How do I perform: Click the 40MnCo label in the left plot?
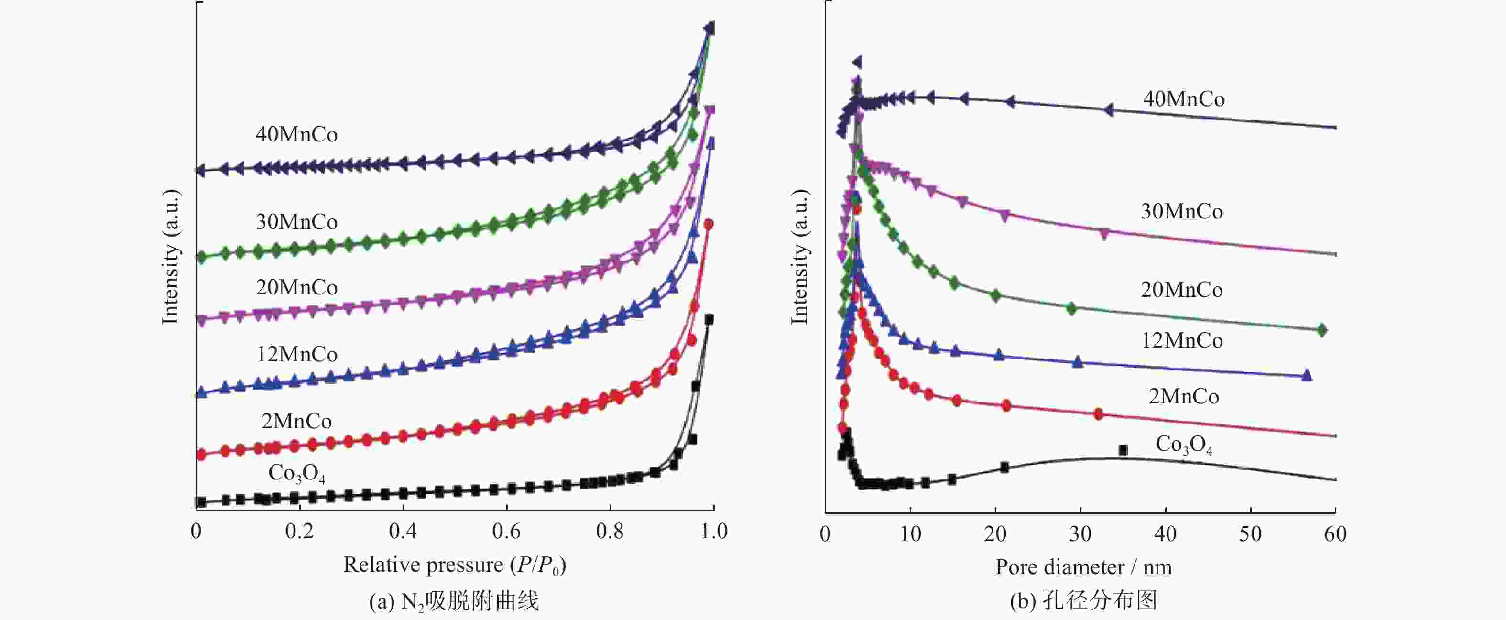pyautogui.click(x=296, y=135)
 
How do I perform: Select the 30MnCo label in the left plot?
pyautogui.click(x=296, y=222)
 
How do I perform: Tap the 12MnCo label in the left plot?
pyautogui.click(x=296, y=355)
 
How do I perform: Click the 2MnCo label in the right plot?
pyautogui.click(x=1184, y=397)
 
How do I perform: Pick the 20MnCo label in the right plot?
pyautogui.click(x=1181, y=290)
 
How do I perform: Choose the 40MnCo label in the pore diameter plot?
pyautogui.click(x=1184, y=99)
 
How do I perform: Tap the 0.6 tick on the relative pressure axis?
pyautogui.click(x=506, y=531)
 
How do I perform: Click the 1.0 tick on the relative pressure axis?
pyautogui.click(x=713, y=531)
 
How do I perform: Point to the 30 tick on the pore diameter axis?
pyautogui.click(x=1080, y=533)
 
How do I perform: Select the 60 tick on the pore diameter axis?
pyautogui.click(x=1335, y=533)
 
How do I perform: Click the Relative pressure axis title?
pyautogui.click(x=454, y=565)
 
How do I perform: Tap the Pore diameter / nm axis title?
pyautogui.click(x=1083, y=567)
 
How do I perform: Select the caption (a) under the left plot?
pyautogui.click(x=454, y=601)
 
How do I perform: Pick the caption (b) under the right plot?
pyautogui.click(x=1083, y=601)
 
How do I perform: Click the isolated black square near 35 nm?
pyautogui.click(x=1123, y=450)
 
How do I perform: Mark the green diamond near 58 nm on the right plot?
pyautogui.click(x=1322, y=330)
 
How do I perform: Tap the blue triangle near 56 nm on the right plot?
pyautogui.click(x=1307, y=375)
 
